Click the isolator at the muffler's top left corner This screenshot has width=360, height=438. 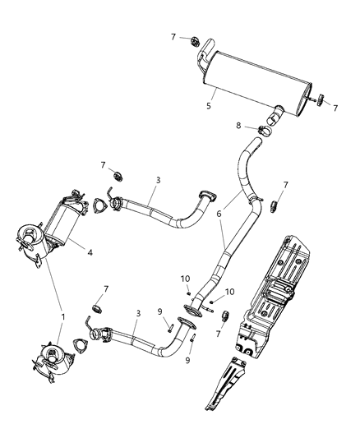coord(194,41)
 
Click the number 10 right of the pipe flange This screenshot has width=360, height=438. coord(230,292)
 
